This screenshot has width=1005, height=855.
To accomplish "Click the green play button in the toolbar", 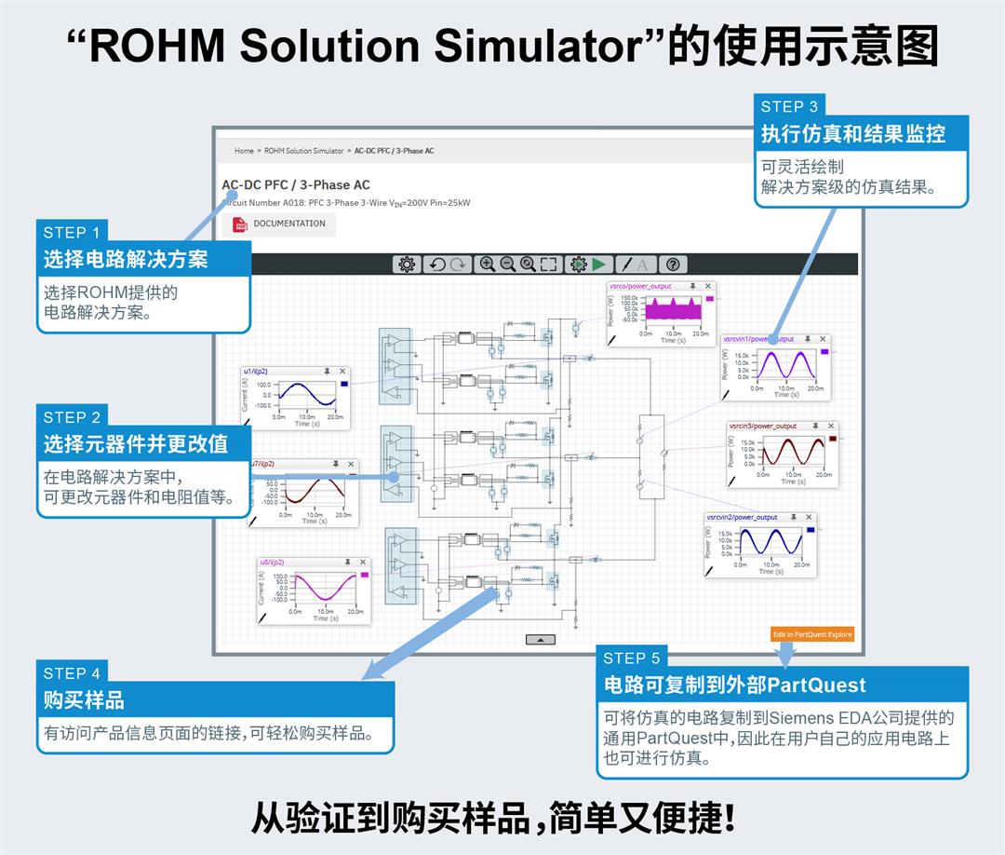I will (599, 265).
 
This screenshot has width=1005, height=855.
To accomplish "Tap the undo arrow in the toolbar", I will (435, 265).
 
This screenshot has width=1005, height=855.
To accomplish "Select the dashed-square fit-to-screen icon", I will (549, 265).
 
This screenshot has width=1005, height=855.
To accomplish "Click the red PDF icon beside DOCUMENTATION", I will (240, 224).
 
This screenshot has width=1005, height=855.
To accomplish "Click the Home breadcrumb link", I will (244, 151).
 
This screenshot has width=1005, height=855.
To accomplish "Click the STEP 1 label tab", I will (72, 232).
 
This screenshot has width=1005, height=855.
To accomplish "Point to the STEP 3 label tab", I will (789, 106).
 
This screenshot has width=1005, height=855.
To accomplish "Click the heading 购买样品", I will (84, 699).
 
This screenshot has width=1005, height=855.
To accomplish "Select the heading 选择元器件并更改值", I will (135, 443).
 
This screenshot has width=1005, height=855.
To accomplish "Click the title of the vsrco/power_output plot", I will (640, 287).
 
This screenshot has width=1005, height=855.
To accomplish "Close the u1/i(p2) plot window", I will (342, 371).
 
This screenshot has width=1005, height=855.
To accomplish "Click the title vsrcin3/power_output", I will (763, 426).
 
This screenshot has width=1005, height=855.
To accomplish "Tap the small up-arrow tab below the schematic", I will (541, 639).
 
